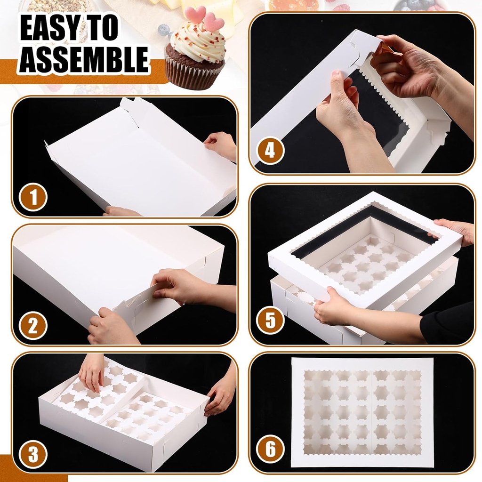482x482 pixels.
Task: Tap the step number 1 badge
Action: pyautogui.click(x=33, y=196)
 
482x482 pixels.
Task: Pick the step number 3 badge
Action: pyautogui.click(x=33, y=455)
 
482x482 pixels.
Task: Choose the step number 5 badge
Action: pyautogui.click(x=271, y=321)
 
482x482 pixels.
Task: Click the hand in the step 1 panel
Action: pyautogui.click(x=221, y=143)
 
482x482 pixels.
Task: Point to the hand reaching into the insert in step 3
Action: pyautogui.click(x=92, y=372)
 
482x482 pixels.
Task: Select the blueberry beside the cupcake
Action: pyautogui.click(x=163, y=30)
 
